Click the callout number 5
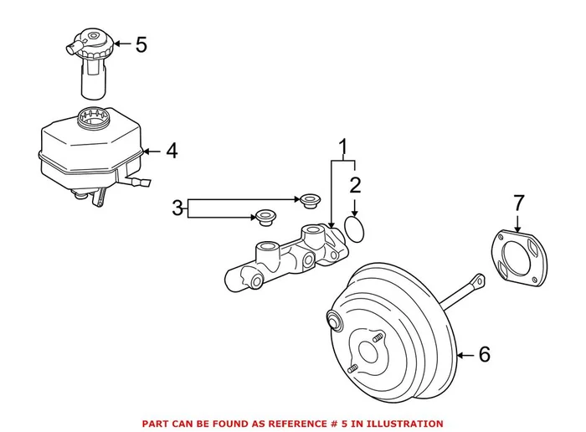[x=140, y=44]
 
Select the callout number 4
[x=171, y=152]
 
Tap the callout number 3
[x=177, y=208]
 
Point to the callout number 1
[x=342, y=148]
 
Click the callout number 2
[x=355, y=185]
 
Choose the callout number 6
[x=484, y=355]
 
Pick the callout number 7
[x=518, y=203]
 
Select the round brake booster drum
[x=388, y=332]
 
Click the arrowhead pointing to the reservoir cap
[x=116, y=44]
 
